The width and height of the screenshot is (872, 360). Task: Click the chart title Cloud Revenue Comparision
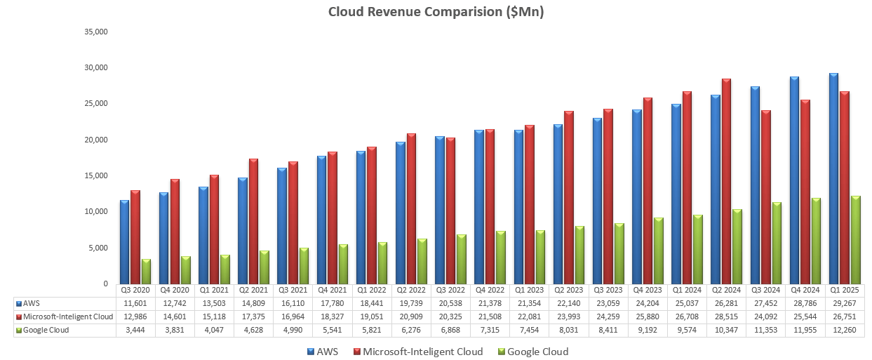[x=436, y=12]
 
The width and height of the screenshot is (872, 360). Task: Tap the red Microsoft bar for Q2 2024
[x=726, y=181]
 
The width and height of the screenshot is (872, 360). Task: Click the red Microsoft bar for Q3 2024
[x=765, y=197]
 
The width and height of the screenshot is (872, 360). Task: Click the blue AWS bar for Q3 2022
[x=439, y=210]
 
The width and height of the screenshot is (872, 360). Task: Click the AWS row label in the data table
[x=32, y=304]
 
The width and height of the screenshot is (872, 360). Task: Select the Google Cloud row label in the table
[x=46, y=330]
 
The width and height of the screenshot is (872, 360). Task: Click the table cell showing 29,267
[x=845, y=304]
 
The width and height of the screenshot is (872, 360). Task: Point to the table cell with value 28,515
[x=727, y=316]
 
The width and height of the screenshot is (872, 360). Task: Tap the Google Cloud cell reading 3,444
[x=135, y=330]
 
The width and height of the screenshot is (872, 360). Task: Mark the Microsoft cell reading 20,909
[x=411, y=316]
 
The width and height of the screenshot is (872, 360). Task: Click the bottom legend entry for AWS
[x=323, y=352]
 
